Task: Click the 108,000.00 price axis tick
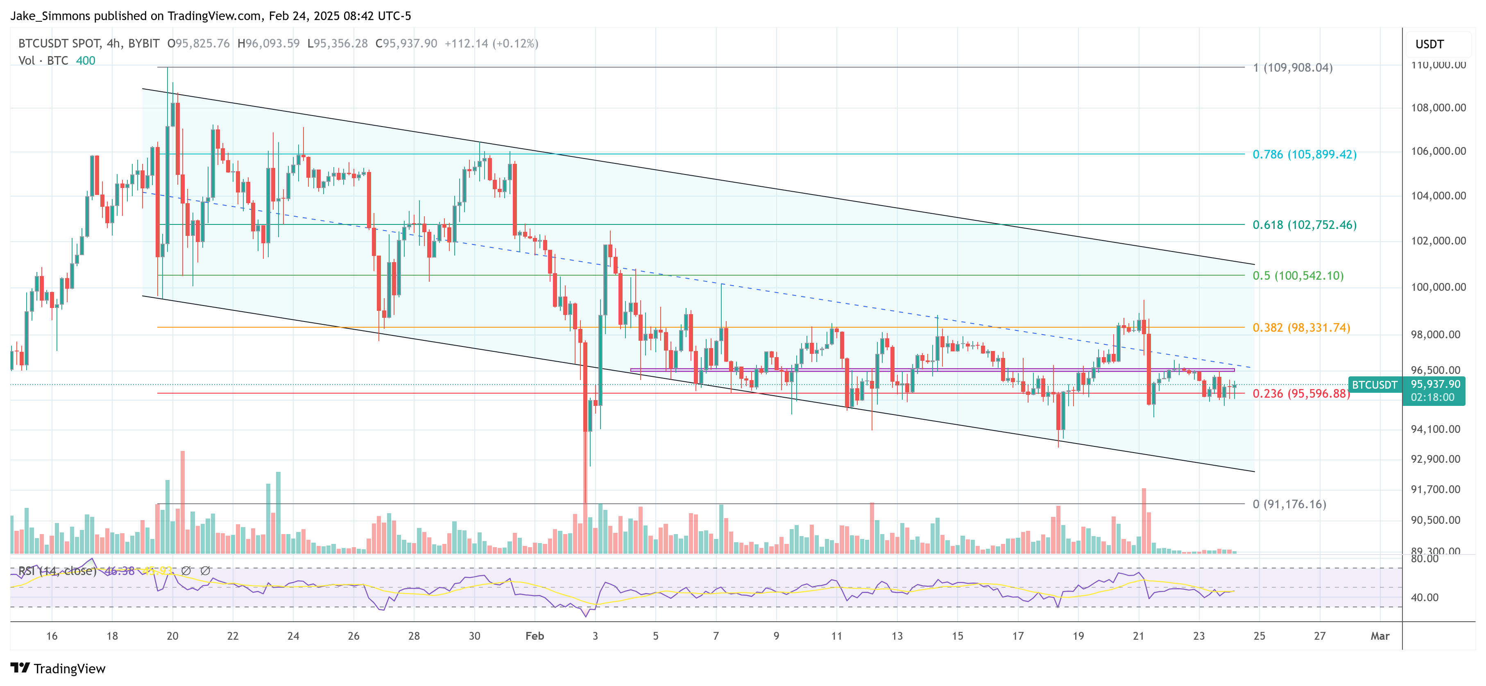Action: click(1438, 108)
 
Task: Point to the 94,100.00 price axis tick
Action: click(1438, 429)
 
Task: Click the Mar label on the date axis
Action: click(1380, 636)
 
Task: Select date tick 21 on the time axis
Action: click(1138, 636)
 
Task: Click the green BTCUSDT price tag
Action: click(1375, 385)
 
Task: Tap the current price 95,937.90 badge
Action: click(1435, 384)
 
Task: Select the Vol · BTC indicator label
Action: click(43, 61)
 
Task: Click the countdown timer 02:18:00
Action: click(1432, 398)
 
